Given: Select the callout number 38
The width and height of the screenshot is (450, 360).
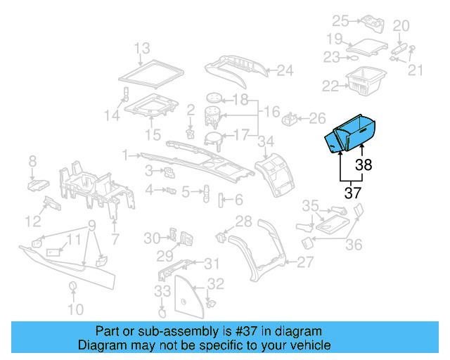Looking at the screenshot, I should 364,165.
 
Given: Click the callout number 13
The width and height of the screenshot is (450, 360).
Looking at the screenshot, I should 142,49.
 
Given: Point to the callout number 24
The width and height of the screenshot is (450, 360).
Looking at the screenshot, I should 284,70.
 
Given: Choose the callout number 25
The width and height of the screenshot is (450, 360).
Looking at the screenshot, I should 340,20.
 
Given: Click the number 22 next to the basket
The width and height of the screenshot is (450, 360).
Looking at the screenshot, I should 330,86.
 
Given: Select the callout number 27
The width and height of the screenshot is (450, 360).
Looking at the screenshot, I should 304,262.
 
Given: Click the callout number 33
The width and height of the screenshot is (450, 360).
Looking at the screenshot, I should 162,291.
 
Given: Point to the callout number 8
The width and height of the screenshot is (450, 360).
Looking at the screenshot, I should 32,163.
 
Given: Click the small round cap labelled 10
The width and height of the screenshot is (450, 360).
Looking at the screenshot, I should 72,285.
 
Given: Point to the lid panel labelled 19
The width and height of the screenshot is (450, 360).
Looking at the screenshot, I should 368,48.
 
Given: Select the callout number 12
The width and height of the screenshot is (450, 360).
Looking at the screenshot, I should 33,222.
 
